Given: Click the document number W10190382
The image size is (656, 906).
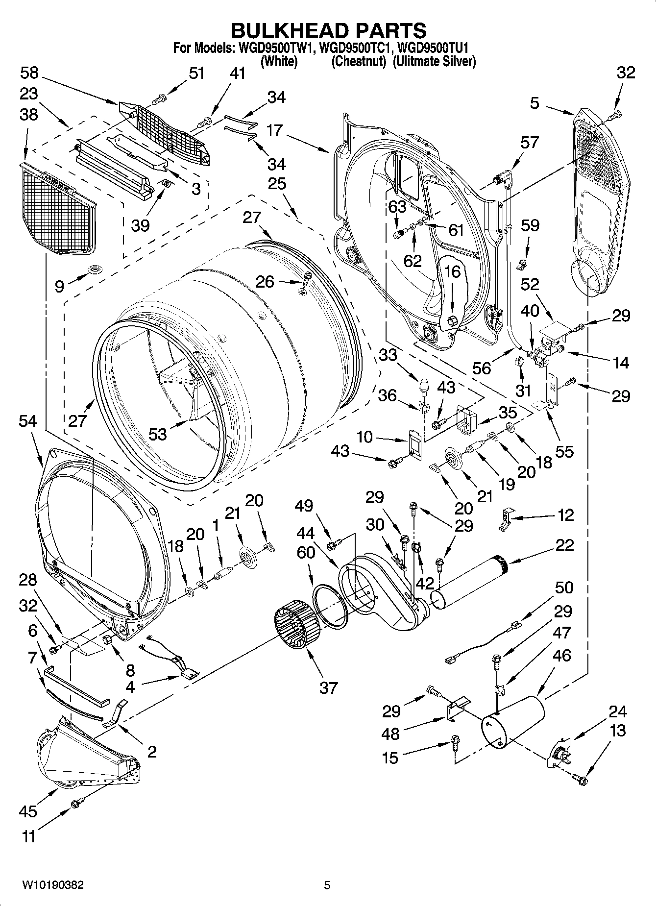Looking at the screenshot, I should point(52,885).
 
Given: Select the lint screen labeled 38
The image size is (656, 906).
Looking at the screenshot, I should point(57,206).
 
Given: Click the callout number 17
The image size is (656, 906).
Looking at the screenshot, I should point(275,130).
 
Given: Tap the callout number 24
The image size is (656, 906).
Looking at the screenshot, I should point(617,711).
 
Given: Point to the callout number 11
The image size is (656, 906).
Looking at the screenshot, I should point(29,836).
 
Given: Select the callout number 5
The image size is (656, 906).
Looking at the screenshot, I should point(534,103).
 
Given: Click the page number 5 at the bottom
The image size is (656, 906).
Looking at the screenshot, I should point(327,885).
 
